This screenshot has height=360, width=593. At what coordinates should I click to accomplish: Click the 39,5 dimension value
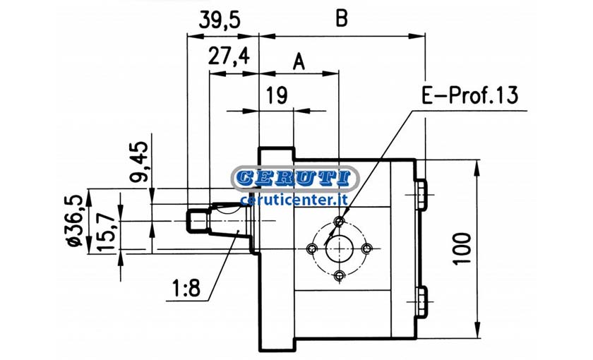click(220, 20)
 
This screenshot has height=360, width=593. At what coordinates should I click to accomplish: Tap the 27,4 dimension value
click(229, 56)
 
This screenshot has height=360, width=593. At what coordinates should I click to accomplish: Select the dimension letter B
click(342, 18)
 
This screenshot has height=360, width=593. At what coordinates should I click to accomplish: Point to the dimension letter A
click(299, 61)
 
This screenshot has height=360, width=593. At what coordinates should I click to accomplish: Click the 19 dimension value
click(277, 95)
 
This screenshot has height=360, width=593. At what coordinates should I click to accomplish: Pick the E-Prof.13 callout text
click(469, 95)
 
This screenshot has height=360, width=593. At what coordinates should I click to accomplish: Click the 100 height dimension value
click(462, 248)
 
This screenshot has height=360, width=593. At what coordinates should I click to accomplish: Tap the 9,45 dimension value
click(138, 162)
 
